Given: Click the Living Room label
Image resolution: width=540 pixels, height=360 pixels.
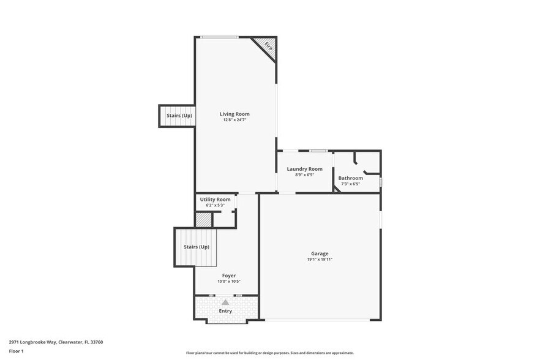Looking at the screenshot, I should coord(234,114).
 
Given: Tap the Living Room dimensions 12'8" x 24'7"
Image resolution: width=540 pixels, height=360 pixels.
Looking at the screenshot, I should coord(234,120).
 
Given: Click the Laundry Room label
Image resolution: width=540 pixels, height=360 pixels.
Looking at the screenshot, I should coord(304,169).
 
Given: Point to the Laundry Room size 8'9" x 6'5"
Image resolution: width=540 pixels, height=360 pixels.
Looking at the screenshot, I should coord(304,175).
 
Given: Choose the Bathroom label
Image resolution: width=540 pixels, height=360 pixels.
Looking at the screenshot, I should coord(350,178).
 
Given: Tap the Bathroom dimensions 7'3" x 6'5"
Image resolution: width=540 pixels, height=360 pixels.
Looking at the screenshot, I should coord(350,184).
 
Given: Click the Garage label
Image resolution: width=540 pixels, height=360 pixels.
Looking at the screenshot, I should coord(320,253).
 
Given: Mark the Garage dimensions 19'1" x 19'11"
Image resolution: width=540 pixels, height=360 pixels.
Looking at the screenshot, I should coord(320,260).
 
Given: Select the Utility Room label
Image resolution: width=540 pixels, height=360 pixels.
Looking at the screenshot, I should coord(215,200).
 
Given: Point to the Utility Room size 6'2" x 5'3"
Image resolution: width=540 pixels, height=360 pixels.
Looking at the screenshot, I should coord(215,205).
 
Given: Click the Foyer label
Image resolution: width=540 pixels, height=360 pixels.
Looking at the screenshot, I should coord(229,276).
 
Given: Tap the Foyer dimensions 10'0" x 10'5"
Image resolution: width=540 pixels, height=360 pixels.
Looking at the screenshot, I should coord(229,282).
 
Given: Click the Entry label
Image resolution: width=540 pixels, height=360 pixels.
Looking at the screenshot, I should coord(225,311).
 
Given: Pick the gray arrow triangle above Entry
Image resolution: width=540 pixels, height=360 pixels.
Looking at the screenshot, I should coord(225,302).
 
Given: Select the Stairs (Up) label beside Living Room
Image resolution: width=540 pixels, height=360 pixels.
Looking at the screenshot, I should coord(179,116).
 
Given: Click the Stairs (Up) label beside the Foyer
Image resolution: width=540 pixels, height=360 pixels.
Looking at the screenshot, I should coord(197,247).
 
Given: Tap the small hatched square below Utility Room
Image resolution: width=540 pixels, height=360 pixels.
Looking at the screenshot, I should coord(203,220).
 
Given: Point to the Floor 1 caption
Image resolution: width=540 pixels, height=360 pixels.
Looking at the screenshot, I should coord(16,351).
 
